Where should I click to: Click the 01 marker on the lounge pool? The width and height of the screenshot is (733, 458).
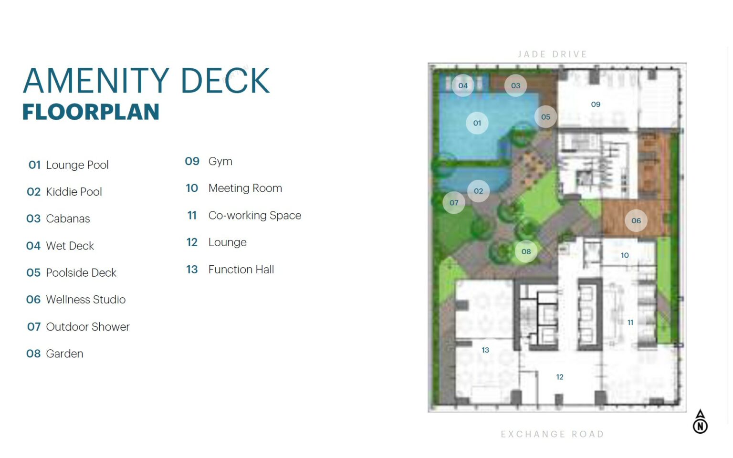coord(477,123)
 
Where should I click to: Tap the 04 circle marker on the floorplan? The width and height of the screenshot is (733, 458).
coord(463,86)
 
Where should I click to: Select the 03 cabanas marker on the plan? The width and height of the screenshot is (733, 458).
coord(515,86)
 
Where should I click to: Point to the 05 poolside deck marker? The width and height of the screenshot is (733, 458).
coord(545,117)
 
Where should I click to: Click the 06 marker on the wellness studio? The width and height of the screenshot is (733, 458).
coord(636,221)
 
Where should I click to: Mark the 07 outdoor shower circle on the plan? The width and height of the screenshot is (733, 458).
coord(454,203)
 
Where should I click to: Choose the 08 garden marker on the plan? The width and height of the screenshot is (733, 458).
coord(526,251)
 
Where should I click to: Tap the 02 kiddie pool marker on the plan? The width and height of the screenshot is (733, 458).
coord(478,191)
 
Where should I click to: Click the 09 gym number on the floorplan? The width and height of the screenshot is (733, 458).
coord(596,104)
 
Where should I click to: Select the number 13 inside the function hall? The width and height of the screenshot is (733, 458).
coord(485,350)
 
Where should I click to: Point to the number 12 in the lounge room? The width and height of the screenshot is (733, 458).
coord(560,377)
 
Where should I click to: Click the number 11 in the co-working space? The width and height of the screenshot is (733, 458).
coord(630,323)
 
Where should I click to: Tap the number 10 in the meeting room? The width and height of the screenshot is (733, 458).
coord(625,255)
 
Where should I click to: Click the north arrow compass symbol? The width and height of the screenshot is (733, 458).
coord(700,422)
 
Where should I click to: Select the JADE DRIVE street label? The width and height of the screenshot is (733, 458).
coord(552,54)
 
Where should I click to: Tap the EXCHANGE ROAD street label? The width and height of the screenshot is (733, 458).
coord(552,434)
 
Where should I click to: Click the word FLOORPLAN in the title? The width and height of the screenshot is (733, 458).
coord(91,112)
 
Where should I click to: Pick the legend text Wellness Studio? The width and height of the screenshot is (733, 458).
coord(86,300)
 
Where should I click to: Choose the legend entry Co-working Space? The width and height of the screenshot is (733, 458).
coord(254,216)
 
